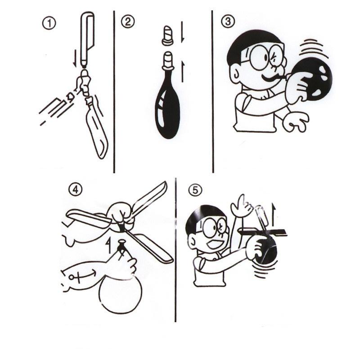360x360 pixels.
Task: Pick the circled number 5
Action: coord(195,190)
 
